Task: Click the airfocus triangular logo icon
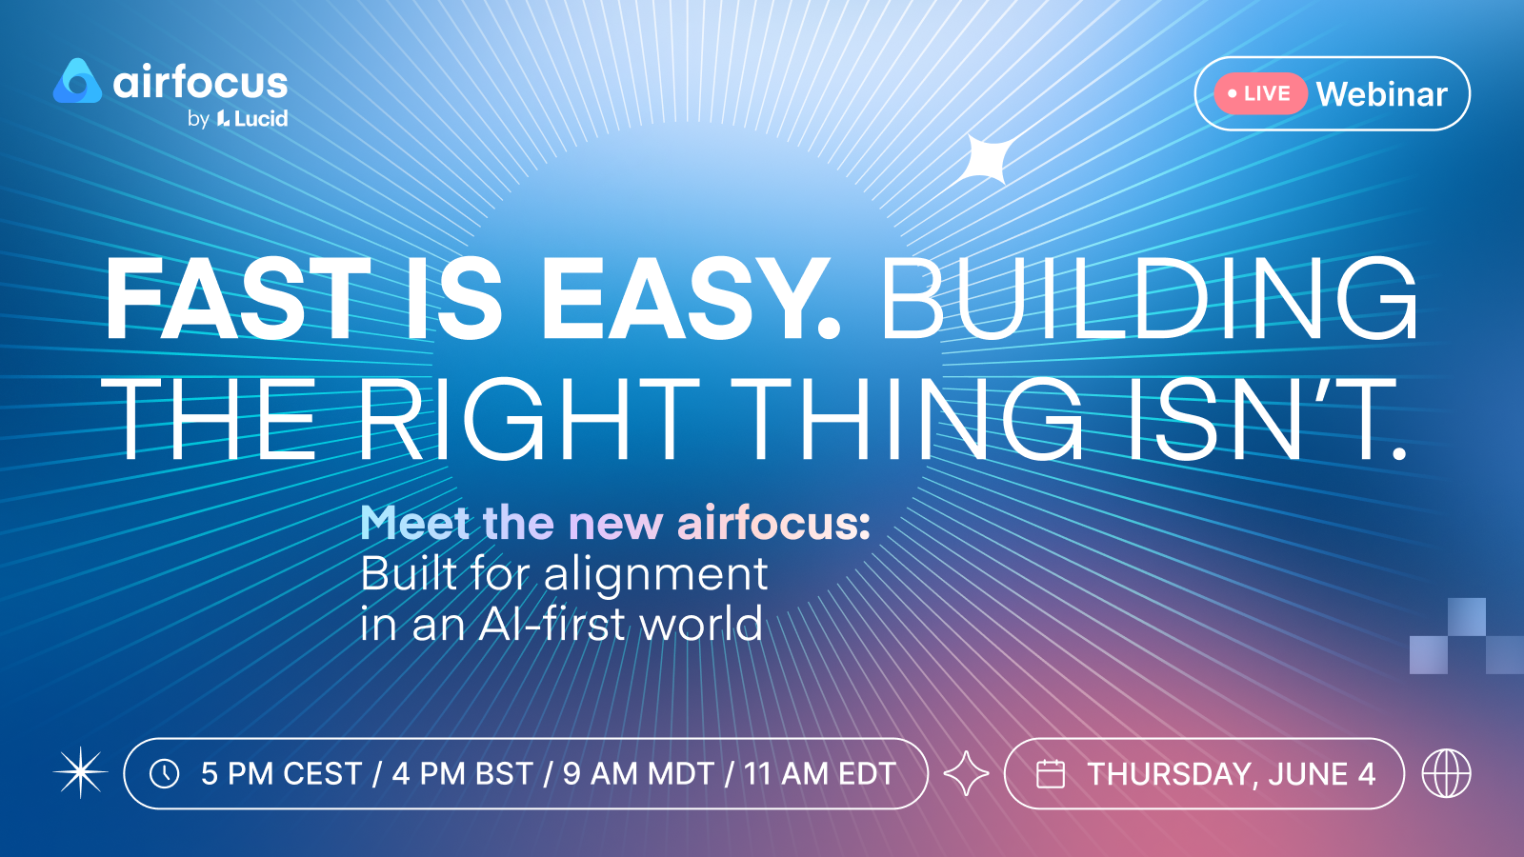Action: point(77,82)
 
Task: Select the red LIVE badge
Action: point(1261,93)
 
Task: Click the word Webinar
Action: point(1382,94)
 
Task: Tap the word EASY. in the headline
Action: point(691,299)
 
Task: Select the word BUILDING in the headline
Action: point(1149,299)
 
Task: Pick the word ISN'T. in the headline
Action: point(1266,418)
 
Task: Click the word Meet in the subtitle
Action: point(415,523)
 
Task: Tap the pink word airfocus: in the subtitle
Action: point(774,523)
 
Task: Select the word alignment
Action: point(656,575)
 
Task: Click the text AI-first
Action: point(551,624)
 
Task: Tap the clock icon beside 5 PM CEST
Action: point(165,774)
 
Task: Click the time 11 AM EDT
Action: point(819,774)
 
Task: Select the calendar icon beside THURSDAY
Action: point(1050,774)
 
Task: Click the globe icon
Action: point(1447,773)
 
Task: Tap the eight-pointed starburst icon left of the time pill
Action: point(80,772)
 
